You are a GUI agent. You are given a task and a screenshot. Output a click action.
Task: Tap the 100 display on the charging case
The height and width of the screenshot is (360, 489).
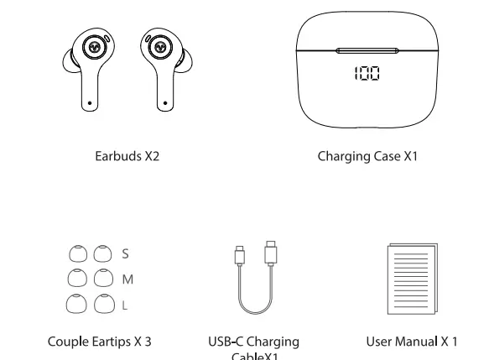367,74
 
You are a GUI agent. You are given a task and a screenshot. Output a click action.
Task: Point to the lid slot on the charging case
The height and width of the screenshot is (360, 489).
367,51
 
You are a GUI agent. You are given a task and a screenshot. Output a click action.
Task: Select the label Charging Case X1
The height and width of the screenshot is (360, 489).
367,156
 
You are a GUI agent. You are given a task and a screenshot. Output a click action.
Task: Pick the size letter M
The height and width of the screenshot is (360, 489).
127,279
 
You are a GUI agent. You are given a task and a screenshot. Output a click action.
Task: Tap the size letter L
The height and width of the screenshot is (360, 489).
125,305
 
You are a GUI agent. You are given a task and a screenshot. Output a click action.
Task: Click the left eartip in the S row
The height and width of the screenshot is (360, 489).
76,253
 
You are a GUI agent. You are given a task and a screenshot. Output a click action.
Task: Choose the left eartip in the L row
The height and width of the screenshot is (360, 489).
76,305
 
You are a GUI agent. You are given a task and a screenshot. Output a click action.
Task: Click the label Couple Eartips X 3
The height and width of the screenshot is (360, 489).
99,342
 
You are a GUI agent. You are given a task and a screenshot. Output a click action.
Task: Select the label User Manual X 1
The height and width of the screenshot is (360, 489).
412,342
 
